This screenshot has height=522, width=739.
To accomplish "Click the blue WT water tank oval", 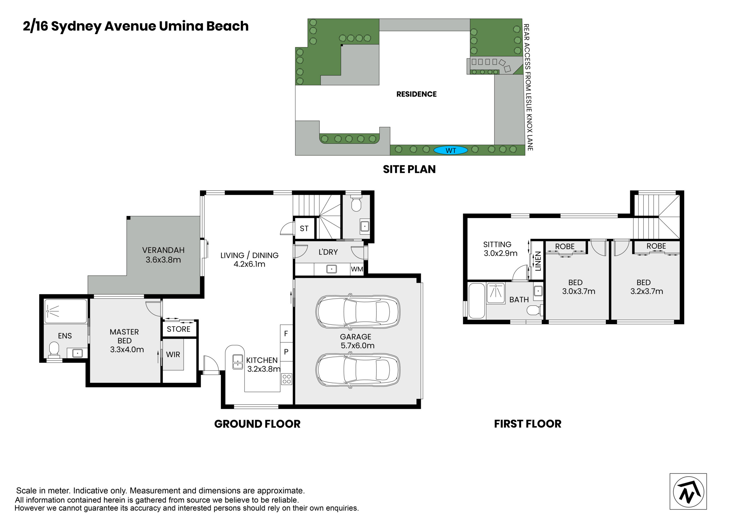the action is click(451, 150).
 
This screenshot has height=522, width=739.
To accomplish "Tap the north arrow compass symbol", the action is click(688, 492).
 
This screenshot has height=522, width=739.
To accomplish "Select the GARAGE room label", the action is click(356, 337).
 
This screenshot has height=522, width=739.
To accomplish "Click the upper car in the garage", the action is click(358, 312).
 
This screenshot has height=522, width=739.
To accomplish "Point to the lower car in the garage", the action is click(358, 370).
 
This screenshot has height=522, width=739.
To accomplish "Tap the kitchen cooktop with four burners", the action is click(286, 379).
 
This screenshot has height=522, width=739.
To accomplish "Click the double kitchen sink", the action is click(238, 362).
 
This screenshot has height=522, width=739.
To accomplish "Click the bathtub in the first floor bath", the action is click(477, 301).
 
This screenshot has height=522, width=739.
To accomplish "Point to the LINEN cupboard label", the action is click(538, 261).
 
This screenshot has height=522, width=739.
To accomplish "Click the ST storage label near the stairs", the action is click(304, 229).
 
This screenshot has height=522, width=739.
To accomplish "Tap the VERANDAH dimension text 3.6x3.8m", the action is click(163, 260).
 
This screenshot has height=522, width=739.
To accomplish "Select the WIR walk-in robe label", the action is click(173, 354).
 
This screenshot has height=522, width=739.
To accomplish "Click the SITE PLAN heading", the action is click(409, 169).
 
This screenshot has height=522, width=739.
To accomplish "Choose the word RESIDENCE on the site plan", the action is click(417, 94).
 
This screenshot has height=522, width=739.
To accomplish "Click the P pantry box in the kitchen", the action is click(286, 352).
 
